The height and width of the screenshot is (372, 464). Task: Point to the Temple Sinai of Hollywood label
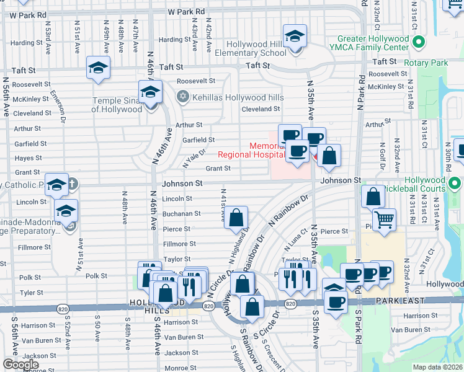[x=117, y=105]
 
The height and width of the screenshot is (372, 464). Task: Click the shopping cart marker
[x=385, y=219]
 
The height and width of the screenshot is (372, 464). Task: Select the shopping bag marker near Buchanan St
[x=236, y=218]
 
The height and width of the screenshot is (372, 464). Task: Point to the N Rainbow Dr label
[x=288, y=212]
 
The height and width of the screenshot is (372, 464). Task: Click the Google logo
[x=21, y=365]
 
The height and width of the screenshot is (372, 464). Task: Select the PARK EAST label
[x=401, y=301]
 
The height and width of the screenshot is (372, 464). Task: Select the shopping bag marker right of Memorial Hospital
[x=329, y=155]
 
